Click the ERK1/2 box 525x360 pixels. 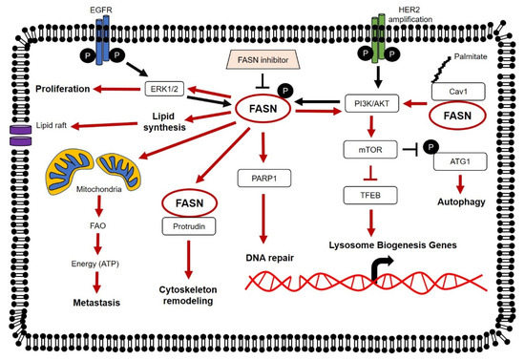pyautogui.click(x=164, y=89)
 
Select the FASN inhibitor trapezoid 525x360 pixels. pyautogui.click(x=262, y=59)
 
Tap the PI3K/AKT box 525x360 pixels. pyautogui.click(x=371, y=103)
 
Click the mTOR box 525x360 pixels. pyautogui.click(x=370, y=149)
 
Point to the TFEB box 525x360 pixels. pyautogui.click(x=370, y=195)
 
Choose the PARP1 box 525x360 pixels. pyautogui.click(x=264, y=179)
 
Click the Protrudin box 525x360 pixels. pyautogui.click(x=189, y=226)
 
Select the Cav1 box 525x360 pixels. pyautogui.click(x=458, y=92)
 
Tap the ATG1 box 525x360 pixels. pyautogui.click(x=460, y=161)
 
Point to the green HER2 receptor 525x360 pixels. pyautogui.click(x=379, y=38)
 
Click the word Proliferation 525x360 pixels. pyautogui.click(x=63, y=89)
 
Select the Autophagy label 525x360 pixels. pyautogui.click(x=461, y=201)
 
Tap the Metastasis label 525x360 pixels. pyautogui.click(x=96, y=303)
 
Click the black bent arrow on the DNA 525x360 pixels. pyautogui.click(x=382, y=268)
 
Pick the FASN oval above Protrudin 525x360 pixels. pyautogui.click(x=190, y=203)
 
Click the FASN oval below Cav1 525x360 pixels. pyautogui.click(x=457, y=116)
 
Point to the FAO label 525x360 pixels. pyautogui.click(x=97, y=225)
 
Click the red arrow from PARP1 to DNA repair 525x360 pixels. pyautogui.click(x=263, y=219)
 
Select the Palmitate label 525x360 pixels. pyautogui.click(x=471, y=56)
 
